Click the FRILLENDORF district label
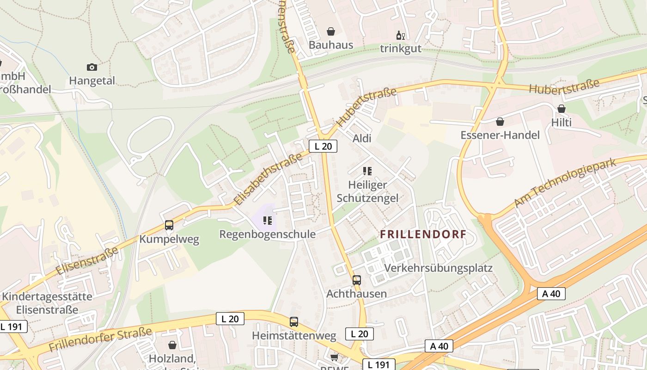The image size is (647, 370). click(x=423, y=234)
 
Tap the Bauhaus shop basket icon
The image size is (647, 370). click(x=331, y=31)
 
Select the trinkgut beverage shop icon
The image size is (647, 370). click(x=400, y=35)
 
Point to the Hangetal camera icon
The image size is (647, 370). click(x=92, y=67)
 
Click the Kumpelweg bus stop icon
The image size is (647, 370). click(x=169, y=225)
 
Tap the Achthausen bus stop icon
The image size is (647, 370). click(x=357, y=280)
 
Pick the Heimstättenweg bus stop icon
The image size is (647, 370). click(x=294, y=321)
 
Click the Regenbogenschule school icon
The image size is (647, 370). click(x=267, y=221)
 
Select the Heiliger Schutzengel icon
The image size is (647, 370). click(x=367, y=171)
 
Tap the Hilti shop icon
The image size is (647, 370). click(x=561, y=109)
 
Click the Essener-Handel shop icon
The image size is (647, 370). click(x=500, y=122)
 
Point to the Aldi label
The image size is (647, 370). click(x=362, y=138)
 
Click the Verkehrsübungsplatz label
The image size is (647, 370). click(x=438, y=268)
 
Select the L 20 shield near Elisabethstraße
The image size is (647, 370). click(x=323, y=146)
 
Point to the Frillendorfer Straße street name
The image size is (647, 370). click(x=100, y=339)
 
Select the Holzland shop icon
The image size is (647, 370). click(x=172, y=345)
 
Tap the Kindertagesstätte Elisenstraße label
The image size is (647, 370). click(x=47, y=303)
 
